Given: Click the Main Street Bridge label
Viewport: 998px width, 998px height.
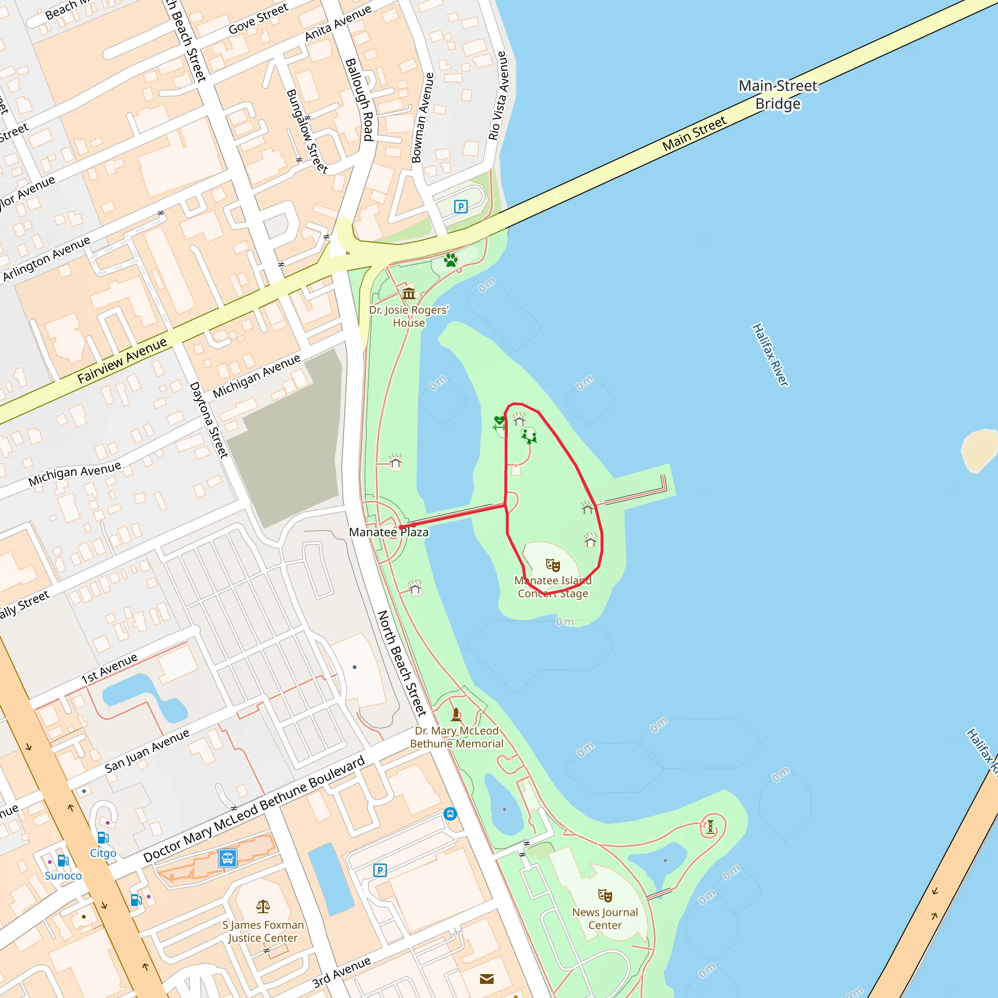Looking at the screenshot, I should pos(778,95).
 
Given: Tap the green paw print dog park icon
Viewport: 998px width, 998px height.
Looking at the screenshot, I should pos(450,260).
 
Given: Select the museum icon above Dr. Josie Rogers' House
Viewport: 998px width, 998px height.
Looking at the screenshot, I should pos(408,293).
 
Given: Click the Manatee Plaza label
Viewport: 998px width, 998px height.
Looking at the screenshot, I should pos(388,532).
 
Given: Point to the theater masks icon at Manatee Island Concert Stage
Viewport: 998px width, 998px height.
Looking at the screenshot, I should pos(553,565).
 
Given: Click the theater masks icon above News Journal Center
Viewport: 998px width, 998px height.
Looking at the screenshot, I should pos(605,895).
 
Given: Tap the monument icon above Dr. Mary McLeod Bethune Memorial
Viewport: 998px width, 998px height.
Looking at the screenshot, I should pos(456,715).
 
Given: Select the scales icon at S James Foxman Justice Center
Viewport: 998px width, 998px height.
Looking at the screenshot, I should pos(263,906).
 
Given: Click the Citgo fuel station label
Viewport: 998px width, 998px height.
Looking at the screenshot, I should pos(103,853).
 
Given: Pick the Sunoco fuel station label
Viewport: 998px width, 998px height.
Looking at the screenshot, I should pos(63,876).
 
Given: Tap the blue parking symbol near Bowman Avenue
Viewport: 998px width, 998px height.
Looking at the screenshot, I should pos(460,207).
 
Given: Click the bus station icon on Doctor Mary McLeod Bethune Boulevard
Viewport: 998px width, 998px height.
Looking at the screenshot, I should pos(228,858).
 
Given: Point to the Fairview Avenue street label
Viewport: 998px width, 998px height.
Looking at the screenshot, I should pos(122,360).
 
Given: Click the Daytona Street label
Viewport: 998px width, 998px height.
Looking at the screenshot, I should pos(209,420).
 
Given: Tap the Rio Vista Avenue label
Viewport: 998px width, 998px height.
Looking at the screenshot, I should pos(499,96).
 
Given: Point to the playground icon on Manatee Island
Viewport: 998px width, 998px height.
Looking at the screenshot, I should pos(529,436).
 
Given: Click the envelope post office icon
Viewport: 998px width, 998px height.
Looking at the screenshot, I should pos(487,979).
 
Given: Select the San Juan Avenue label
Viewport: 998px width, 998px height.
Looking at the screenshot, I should pos(147,751).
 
